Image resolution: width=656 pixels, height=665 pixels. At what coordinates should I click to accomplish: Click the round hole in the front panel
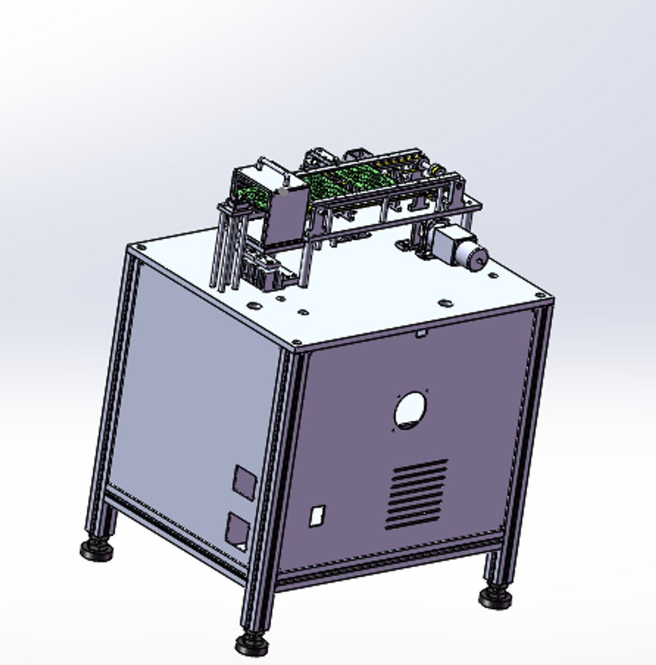point(410,410)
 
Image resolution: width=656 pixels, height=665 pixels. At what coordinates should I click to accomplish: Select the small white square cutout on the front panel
point(316,515)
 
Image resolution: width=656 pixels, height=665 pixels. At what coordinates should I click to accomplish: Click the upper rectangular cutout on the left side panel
point(244,482)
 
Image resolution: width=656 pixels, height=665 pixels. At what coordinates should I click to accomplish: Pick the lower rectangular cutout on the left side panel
point(237,531)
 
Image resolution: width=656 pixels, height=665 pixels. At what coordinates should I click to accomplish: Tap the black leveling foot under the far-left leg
point(97,548)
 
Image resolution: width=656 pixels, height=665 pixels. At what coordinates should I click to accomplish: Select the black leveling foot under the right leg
point(495,597)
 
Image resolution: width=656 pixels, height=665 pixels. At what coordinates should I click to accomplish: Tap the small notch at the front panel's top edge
point(420,334)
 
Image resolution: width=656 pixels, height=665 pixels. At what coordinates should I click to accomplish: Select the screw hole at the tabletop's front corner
point(297,342)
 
